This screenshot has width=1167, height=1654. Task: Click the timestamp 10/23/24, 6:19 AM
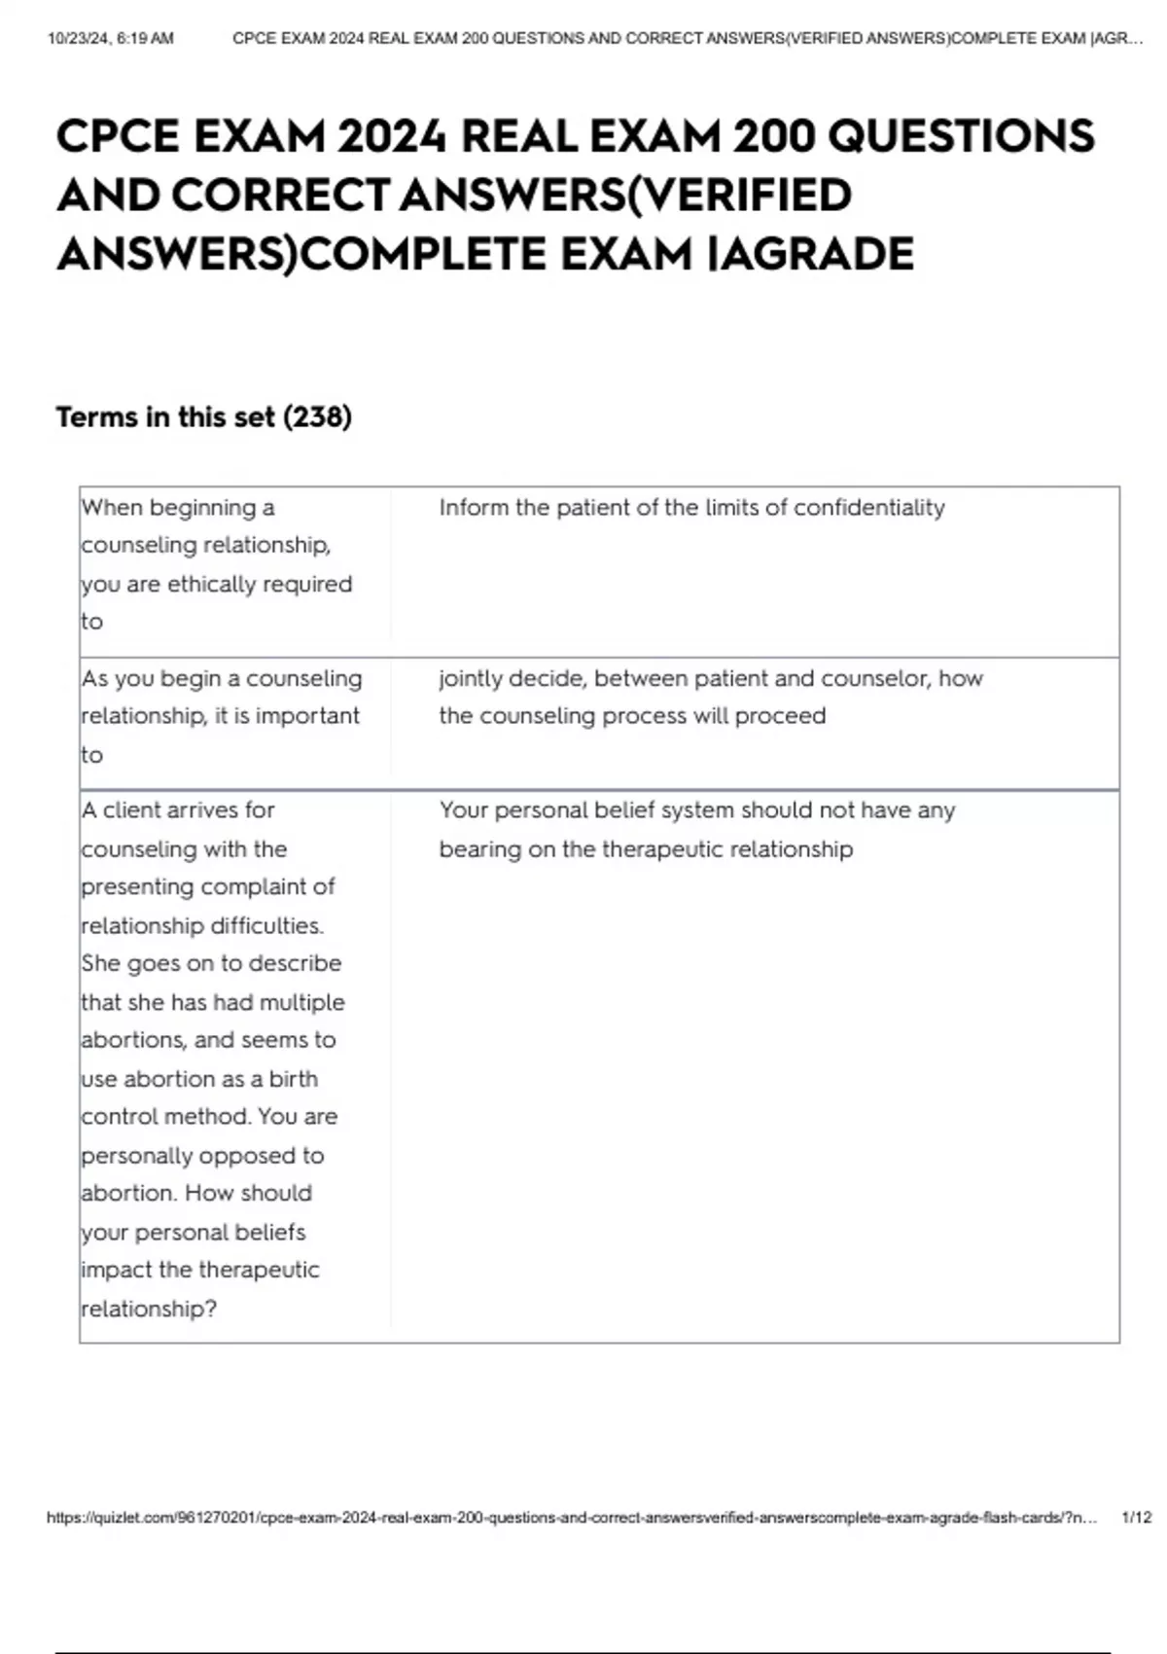click(x=110, y=39)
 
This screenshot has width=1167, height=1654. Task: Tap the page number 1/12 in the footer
click(x=1136, y=1517)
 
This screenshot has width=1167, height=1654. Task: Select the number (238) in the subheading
click(x=317, y=417)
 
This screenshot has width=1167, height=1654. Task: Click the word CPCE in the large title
click(x=119, y=136)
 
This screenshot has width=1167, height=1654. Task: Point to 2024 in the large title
click(x=393, y=136)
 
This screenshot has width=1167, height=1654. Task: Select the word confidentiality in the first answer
click(x=869, y=508)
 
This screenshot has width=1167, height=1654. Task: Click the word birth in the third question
click(x=293, y=1079)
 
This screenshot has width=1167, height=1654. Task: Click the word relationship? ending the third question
click(x=149, y=1309)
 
